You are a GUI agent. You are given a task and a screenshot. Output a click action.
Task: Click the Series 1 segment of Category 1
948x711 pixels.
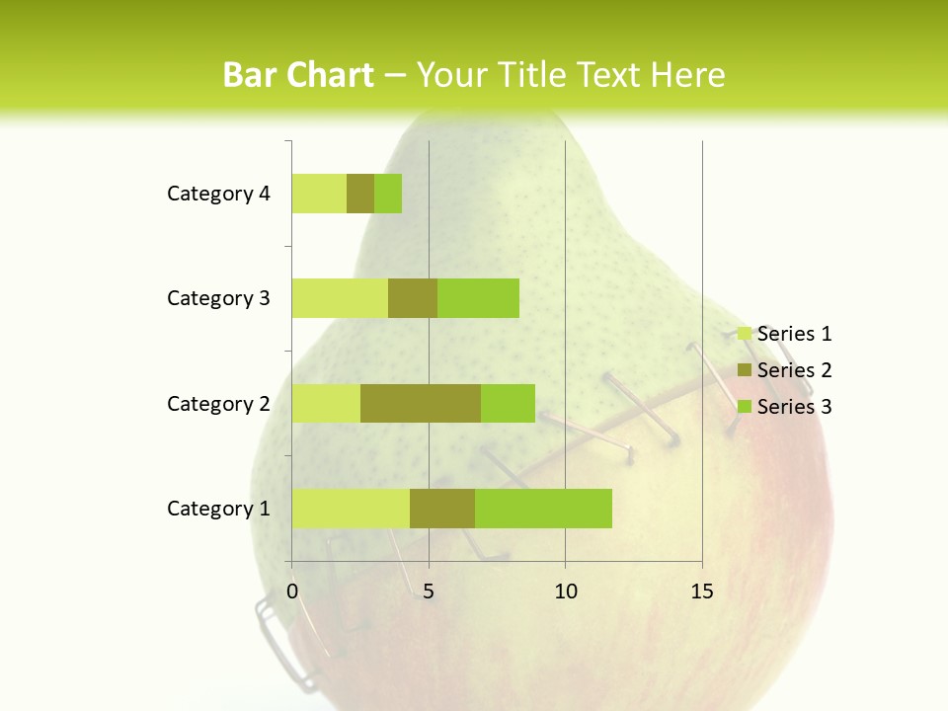[x=351, y=509]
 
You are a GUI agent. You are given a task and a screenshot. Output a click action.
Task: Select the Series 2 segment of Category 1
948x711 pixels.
[x=442, y=509]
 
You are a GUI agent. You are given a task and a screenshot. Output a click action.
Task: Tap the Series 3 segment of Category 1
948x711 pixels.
[x=543, y=509]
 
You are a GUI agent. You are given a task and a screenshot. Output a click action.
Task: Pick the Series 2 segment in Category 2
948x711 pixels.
[x=421, y=403]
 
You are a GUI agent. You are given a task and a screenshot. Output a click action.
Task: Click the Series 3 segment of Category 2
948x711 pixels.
[x=508, y=403]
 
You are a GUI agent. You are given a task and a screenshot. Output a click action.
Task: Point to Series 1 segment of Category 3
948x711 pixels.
[x=340, y=298]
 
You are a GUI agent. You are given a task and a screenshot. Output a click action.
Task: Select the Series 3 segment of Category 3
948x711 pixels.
[x=478, y=298]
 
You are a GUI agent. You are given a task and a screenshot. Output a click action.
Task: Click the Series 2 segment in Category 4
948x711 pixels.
[x=360, y=194]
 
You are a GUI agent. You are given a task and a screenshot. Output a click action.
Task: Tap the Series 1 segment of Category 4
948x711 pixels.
[x=319, y=194]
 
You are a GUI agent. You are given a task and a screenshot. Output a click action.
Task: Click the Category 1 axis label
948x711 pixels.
[x=218, y=509]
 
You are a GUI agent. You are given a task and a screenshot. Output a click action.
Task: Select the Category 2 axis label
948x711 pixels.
[x=218, y=404]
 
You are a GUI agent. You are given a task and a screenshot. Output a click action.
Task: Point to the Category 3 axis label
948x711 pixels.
[x=218, y=298]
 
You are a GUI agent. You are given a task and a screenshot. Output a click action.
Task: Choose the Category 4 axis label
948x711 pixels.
[x=218, y=194]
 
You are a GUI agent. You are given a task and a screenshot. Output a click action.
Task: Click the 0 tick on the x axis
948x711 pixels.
[x=292, y=592]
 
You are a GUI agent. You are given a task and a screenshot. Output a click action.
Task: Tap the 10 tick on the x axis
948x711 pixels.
[x=565, y=592]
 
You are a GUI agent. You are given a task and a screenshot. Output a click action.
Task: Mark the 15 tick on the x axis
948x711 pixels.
[x=702, y=592]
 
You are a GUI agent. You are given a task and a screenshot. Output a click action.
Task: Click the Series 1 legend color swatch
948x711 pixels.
[x=744, y=334]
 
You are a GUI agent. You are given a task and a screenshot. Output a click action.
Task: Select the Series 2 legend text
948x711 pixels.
[x=794, y=370]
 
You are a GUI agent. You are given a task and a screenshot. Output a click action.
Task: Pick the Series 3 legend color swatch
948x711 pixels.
[x=744, y=407]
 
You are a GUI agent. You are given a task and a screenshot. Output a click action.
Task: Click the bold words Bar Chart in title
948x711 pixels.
[x=298, y=75]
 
